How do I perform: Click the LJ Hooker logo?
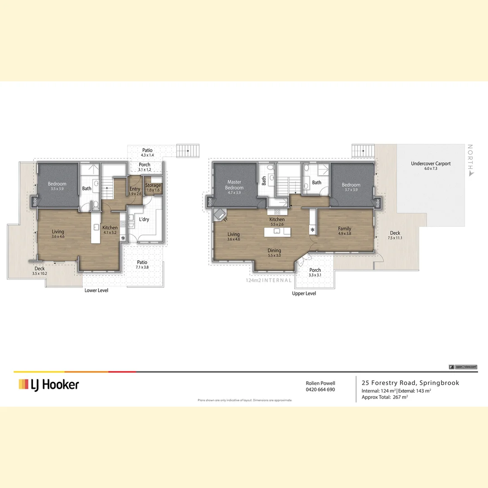coord(49,385)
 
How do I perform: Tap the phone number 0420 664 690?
coord(320,389)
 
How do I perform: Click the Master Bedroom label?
coord(234,185)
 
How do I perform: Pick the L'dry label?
coord(144,219)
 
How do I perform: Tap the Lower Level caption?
coord(96,290)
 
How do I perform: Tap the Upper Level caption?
coord(304,293)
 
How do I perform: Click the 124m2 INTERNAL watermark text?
coord(263,281)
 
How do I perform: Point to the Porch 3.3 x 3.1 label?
coord(315,272)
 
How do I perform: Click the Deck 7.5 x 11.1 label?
coord(395,235)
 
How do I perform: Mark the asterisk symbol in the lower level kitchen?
coord(122,238)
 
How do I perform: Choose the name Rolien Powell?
coord(320,383)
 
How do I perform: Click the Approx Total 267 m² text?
coord(385,398)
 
